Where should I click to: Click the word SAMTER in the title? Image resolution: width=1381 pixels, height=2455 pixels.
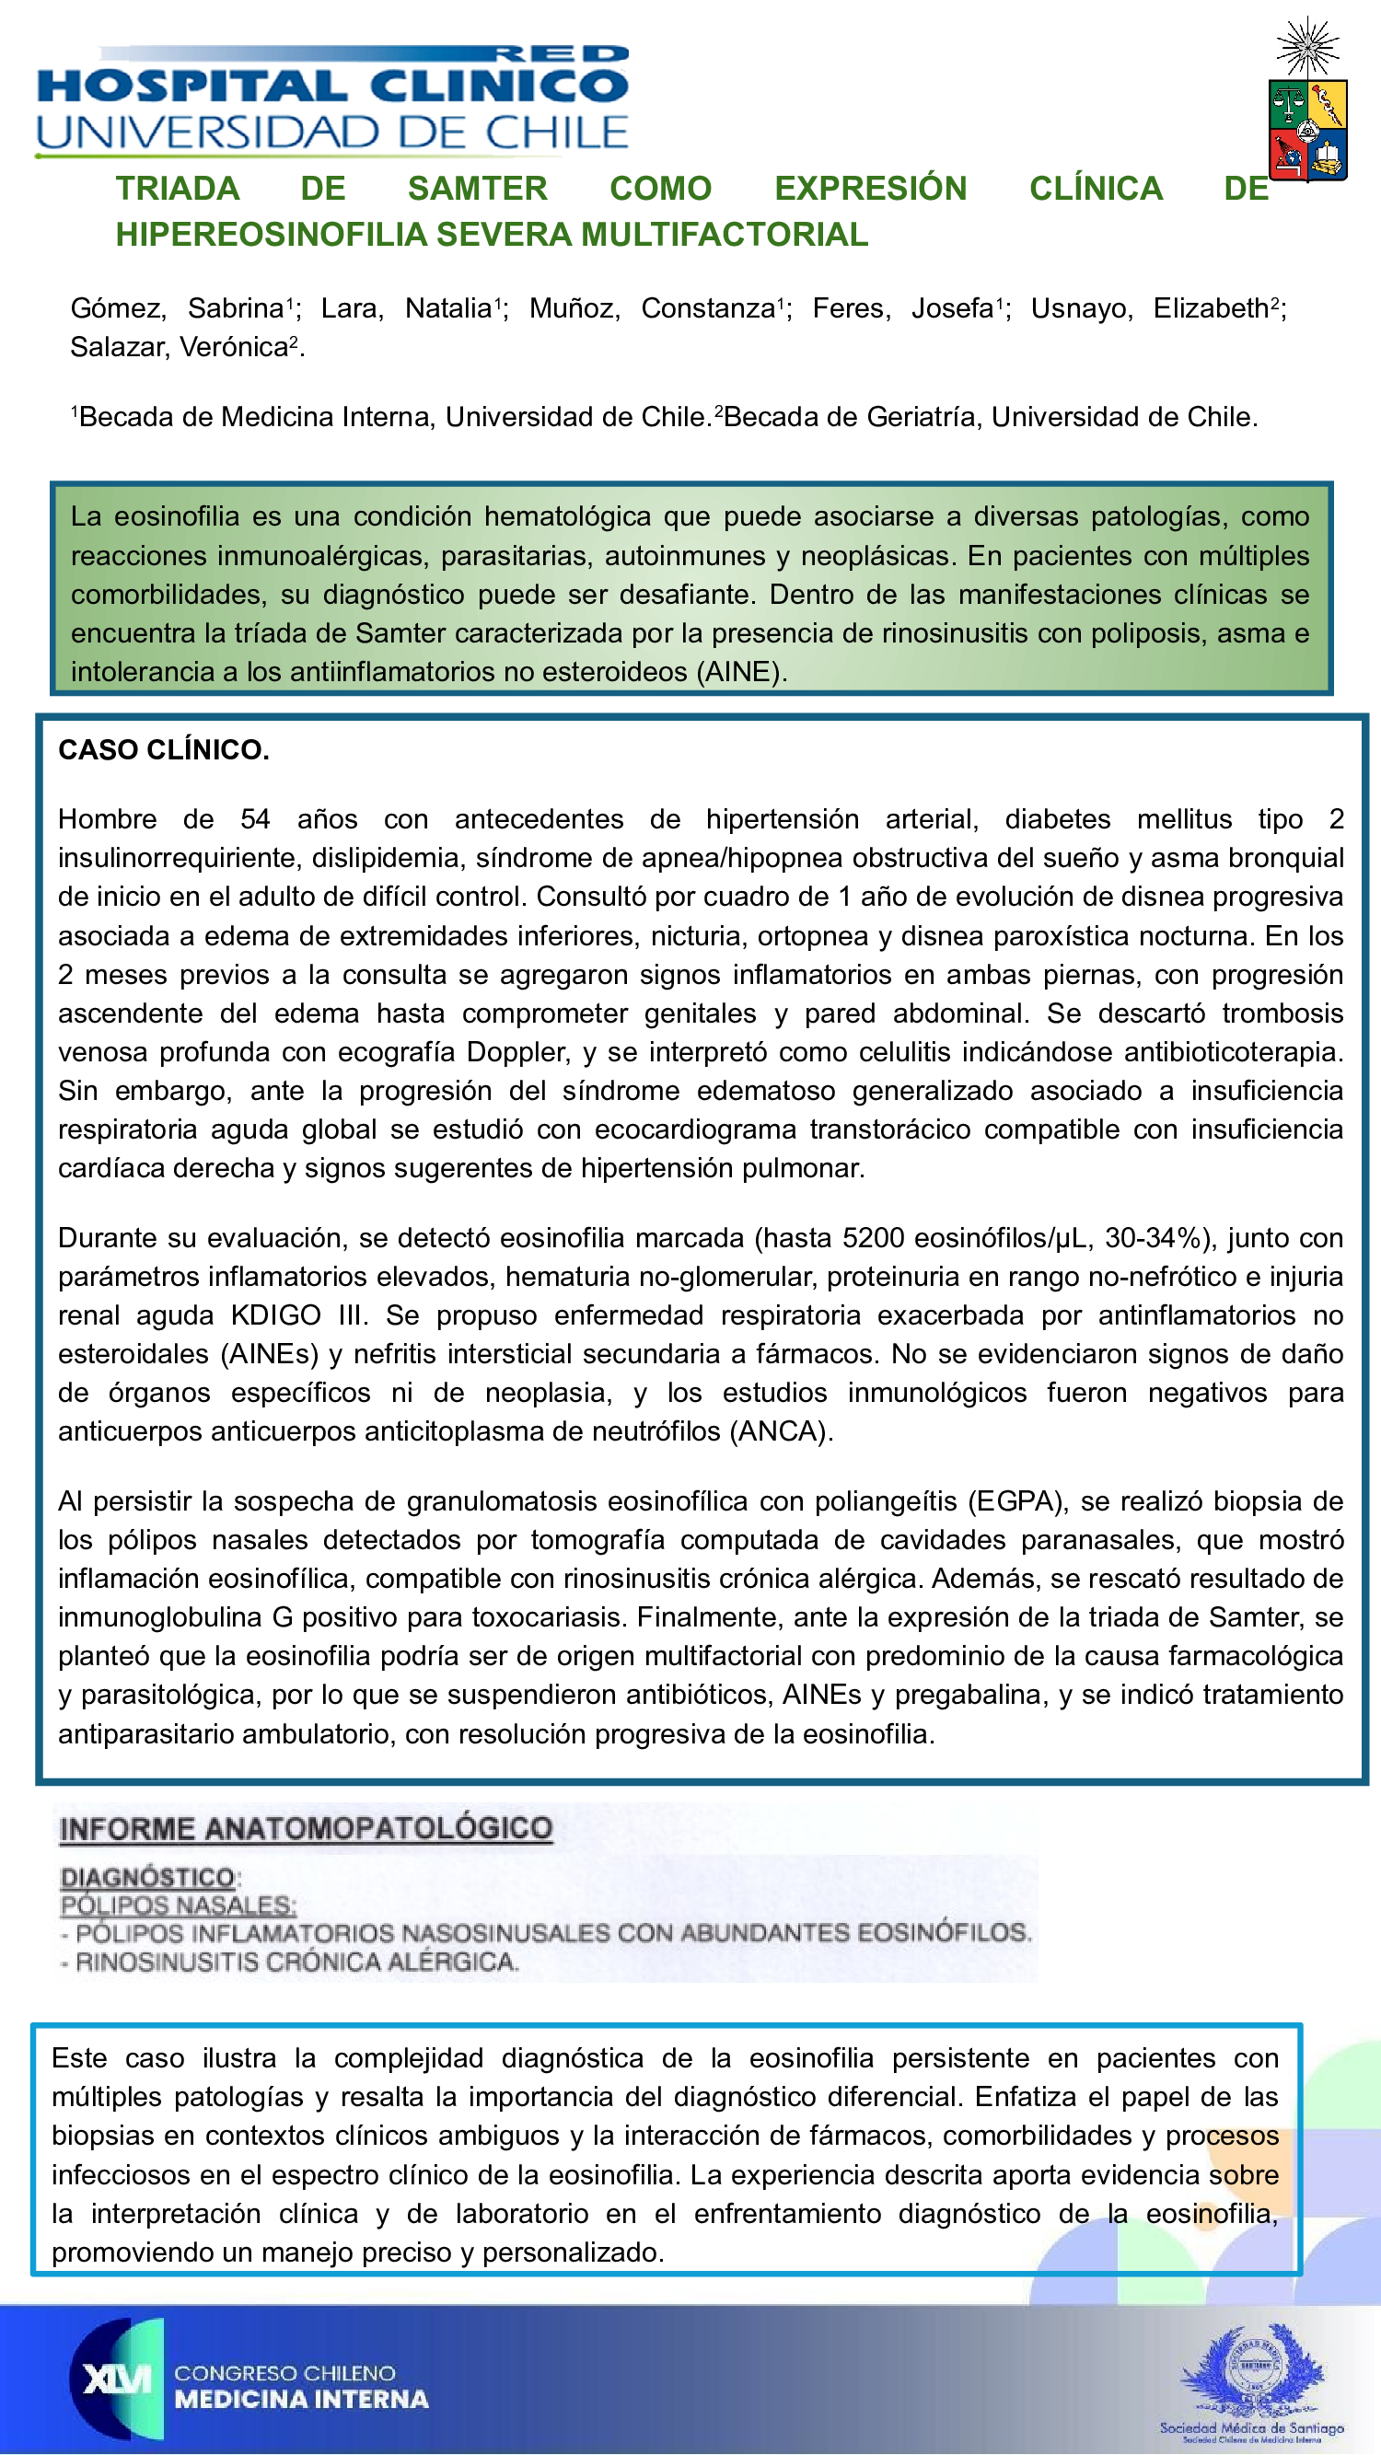click(478, 189)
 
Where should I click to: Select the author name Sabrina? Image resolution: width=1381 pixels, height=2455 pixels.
click(236, 308)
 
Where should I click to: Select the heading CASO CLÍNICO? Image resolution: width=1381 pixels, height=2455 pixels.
click(164, 750)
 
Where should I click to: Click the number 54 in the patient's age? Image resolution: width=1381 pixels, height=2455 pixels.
click(254, 819)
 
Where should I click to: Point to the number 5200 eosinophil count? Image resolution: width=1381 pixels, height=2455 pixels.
click(872, 1238)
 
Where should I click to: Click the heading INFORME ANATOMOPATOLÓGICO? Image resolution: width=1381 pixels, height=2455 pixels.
click(306, 1829)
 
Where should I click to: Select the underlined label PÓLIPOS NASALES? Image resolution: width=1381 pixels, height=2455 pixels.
click(179, 1905)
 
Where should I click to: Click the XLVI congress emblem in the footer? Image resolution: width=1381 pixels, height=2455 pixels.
click(116, 2378)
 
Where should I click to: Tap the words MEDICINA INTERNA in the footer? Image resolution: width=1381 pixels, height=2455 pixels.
click(301, 2399)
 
